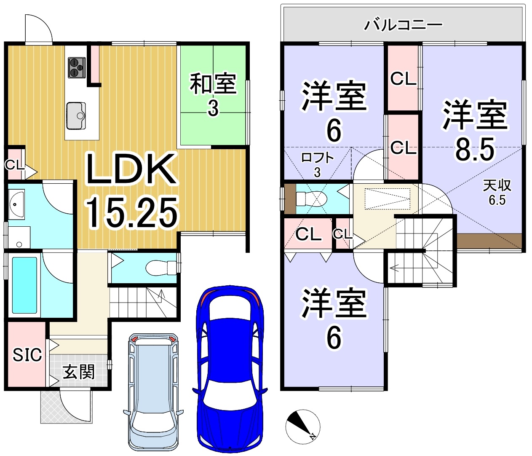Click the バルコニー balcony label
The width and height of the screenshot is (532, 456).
pos(403,25)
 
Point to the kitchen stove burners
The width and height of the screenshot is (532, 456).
pos(77,67)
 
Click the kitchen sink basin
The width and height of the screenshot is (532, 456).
pos(76,116)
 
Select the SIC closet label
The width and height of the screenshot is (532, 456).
pos(27,354)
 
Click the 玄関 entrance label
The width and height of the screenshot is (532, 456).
pos(79,372)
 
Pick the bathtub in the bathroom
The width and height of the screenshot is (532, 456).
pos(24,285)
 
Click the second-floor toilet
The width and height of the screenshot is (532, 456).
pos(311,198)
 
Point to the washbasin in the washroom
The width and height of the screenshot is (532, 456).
pos(16,204)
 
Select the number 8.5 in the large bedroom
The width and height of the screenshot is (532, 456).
pos(475,149)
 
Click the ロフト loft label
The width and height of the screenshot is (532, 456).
pos(317,158)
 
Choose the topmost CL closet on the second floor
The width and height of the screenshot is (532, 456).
pos(403,79)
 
